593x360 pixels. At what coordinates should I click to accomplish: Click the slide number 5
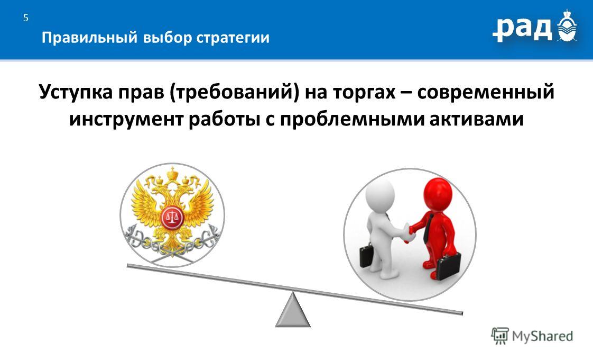click(x=26, y=18)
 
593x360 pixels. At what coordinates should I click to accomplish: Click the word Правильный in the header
click(x=89, y=38)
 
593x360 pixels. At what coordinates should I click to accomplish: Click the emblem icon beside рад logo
click(x=567, y=26)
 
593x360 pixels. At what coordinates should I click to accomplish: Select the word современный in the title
click(x=486, y=92)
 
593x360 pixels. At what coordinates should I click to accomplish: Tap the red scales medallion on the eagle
click(x=172, y=218)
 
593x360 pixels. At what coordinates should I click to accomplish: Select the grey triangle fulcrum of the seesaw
click(x=293, y=310)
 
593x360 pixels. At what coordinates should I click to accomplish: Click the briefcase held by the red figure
click(x=449, y=266)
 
